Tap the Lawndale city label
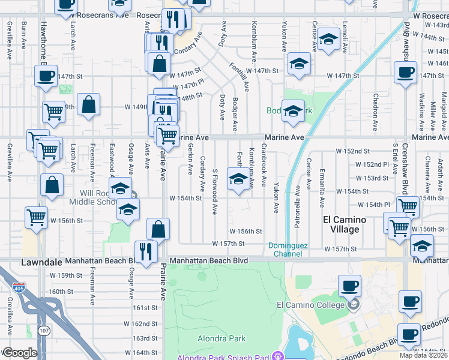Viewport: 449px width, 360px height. pos(41,262)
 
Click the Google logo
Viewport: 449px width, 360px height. pos(19,353)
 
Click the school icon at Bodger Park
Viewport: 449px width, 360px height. pos(293,111)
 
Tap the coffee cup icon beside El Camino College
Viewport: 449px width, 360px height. pos(349,287)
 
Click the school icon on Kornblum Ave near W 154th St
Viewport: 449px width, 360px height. pos(238,179)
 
